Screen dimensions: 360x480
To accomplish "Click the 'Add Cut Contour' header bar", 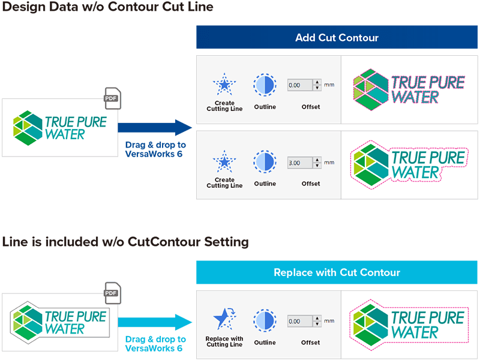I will tap(337, 38).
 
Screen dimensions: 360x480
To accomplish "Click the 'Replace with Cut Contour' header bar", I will tap(337, 272).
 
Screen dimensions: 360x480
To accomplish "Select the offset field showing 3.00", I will tap(300, 163).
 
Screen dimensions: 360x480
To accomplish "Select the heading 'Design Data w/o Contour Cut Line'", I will tap(107, 8).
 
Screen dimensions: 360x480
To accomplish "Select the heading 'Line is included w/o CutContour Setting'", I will tap(125, 242).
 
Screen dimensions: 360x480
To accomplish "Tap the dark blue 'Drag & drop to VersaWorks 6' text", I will tap(155, 149).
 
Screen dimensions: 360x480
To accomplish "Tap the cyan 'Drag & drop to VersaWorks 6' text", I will tap(155, 343).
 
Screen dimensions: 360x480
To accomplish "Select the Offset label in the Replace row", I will tap(310, 343).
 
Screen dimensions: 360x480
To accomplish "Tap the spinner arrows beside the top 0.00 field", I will tap(317, 85).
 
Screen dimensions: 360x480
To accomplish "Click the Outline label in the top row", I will tap(265, 107).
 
